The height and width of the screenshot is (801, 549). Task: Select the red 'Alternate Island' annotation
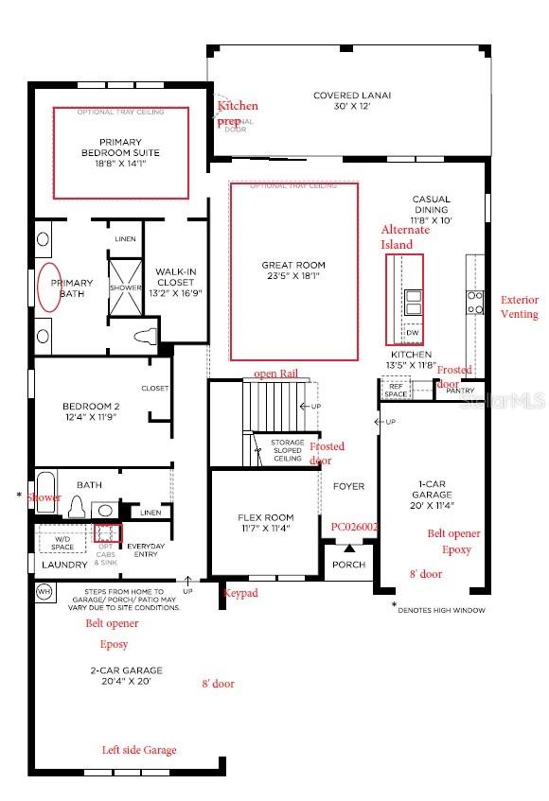404,237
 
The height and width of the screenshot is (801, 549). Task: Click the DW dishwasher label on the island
412,333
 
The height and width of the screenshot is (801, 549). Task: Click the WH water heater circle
44,591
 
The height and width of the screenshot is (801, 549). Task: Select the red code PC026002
355,526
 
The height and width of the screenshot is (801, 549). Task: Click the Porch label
348,565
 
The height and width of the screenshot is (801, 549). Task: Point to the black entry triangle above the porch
348,548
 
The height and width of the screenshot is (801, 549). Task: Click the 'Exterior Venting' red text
520,306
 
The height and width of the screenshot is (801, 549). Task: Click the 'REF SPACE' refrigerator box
395,389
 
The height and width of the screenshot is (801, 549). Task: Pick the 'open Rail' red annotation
276,374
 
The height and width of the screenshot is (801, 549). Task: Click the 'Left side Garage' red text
139,750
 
